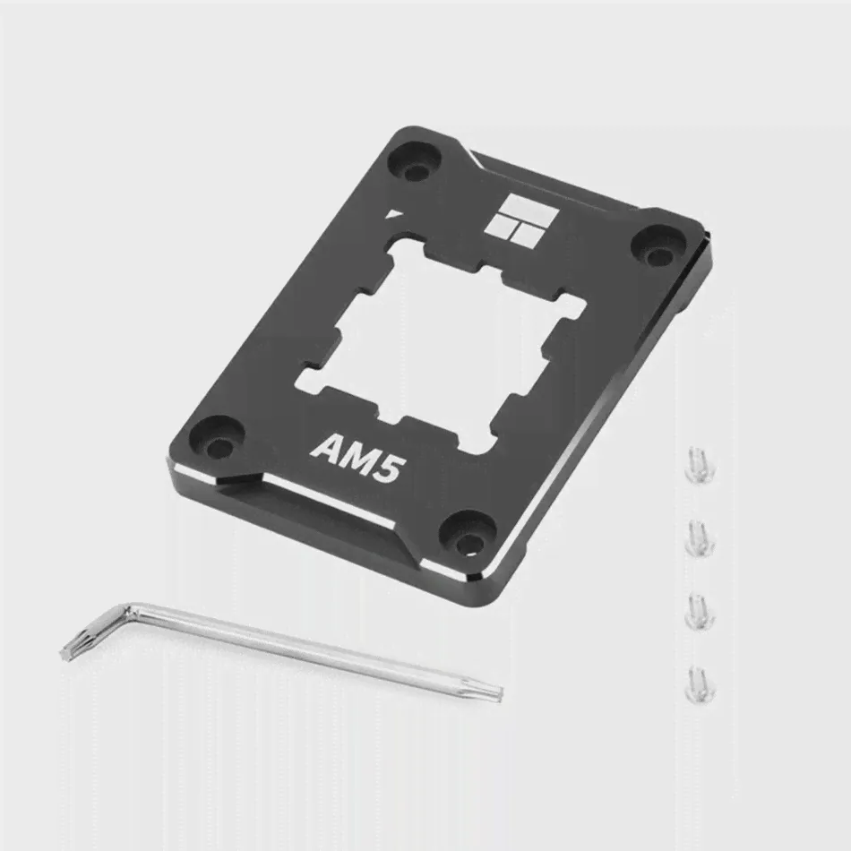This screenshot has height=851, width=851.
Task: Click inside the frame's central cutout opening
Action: (x=441, y=342)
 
